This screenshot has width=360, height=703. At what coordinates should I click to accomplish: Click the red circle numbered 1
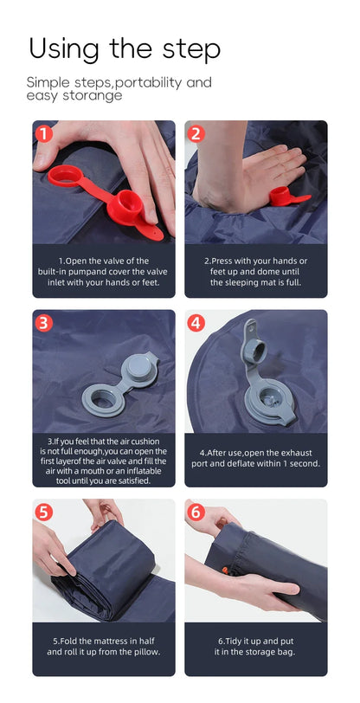[44, 133]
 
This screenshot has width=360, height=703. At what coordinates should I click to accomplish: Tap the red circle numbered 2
[196, 133]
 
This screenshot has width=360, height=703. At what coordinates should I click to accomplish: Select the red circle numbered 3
[44, 323]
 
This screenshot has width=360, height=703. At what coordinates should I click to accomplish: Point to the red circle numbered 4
[196, 323]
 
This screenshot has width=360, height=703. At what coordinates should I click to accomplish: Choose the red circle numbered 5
[44, 513]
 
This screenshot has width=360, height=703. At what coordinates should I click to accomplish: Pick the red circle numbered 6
[196, 513]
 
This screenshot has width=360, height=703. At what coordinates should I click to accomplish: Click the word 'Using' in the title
[65, 49]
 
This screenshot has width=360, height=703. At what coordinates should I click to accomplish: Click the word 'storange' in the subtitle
[96, 95]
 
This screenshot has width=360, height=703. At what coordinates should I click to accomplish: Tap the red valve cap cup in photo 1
[126, 206]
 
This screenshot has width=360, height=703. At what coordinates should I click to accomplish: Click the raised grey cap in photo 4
[255, 350]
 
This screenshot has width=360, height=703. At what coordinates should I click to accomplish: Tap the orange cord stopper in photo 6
[225, 571]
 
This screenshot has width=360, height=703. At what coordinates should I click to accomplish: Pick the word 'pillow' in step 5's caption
[148, 651]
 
